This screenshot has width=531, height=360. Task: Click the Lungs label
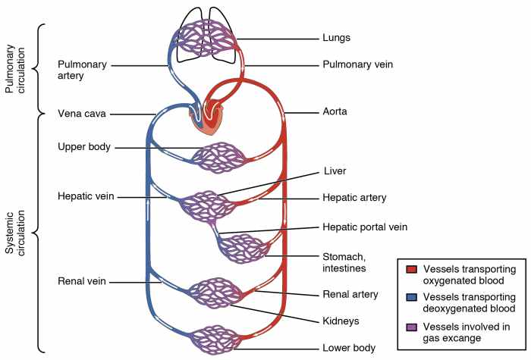[x=336, y=36]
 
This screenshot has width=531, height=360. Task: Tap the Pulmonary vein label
[x=354, y=66]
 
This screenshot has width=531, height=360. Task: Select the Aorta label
[x=335, y=112]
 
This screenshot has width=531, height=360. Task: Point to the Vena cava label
[x=81, y=114]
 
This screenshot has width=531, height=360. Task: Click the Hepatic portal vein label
[x=365, y=227]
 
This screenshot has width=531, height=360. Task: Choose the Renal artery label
[x=350, y=294]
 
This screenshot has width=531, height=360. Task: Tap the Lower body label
[x=348, y=348]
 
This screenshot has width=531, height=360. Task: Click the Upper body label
[x=84, y=146]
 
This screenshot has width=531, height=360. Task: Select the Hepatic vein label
[x=86, y=196]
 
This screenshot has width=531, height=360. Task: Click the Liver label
[x=334, y=171]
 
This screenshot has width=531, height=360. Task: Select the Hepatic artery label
[x=354, y=198]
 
